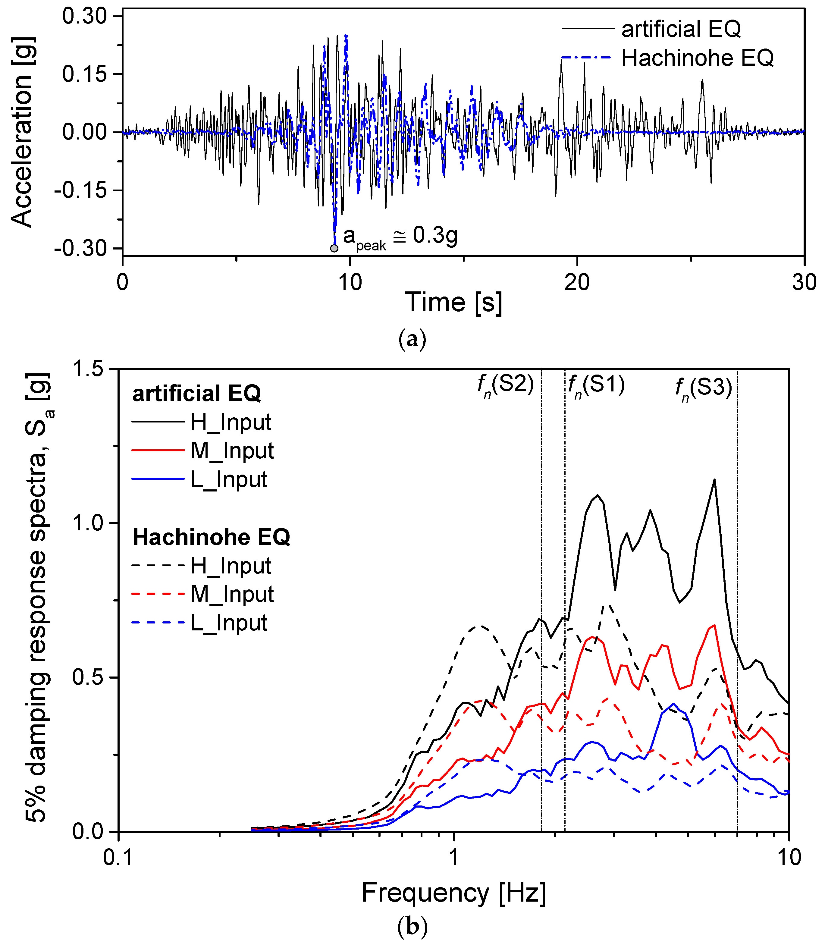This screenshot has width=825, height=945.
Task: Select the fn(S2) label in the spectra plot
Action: [505, 386]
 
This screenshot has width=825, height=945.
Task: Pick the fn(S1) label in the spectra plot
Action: [596, 386]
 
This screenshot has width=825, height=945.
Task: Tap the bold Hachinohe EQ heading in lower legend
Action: [211, 537]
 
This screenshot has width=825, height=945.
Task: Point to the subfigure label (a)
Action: [412, 339]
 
